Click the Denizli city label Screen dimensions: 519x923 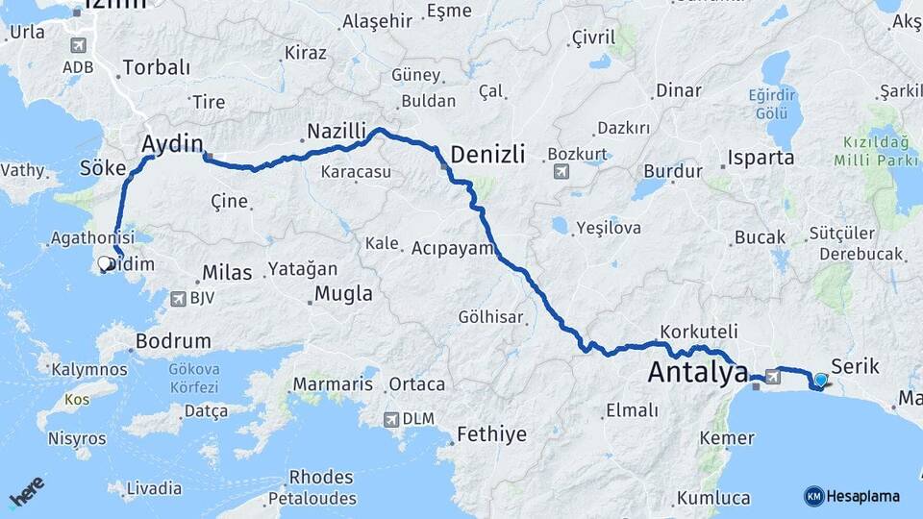(x=487, y=153)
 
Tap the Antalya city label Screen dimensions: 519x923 (x=697, y=372)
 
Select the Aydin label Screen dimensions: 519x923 (x=172, y=144)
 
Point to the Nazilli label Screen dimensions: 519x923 (x=337, y=131)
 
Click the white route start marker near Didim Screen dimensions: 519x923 (x=105, y=262)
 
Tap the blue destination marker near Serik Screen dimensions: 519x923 (x=820, y=381)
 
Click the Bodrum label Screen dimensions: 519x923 (x=173, y=340)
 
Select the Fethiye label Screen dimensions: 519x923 (x=491, y=434)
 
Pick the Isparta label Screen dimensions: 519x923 (x=761, y=158)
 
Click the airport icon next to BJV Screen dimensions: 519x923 (x=177, y=299)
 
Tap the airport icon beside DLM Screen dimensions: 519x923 (x=390, y=419)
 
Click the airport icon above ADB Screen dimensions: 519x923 (x=77, y=45)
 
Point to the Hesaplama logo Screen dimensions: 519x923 (x=851, y=496)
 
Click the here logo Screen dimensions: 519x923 (x=27, y=491)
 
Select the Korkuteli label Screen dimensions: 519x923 (x=699, y=331)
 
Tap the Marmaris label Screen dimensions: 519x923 (x=333, y=384)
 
